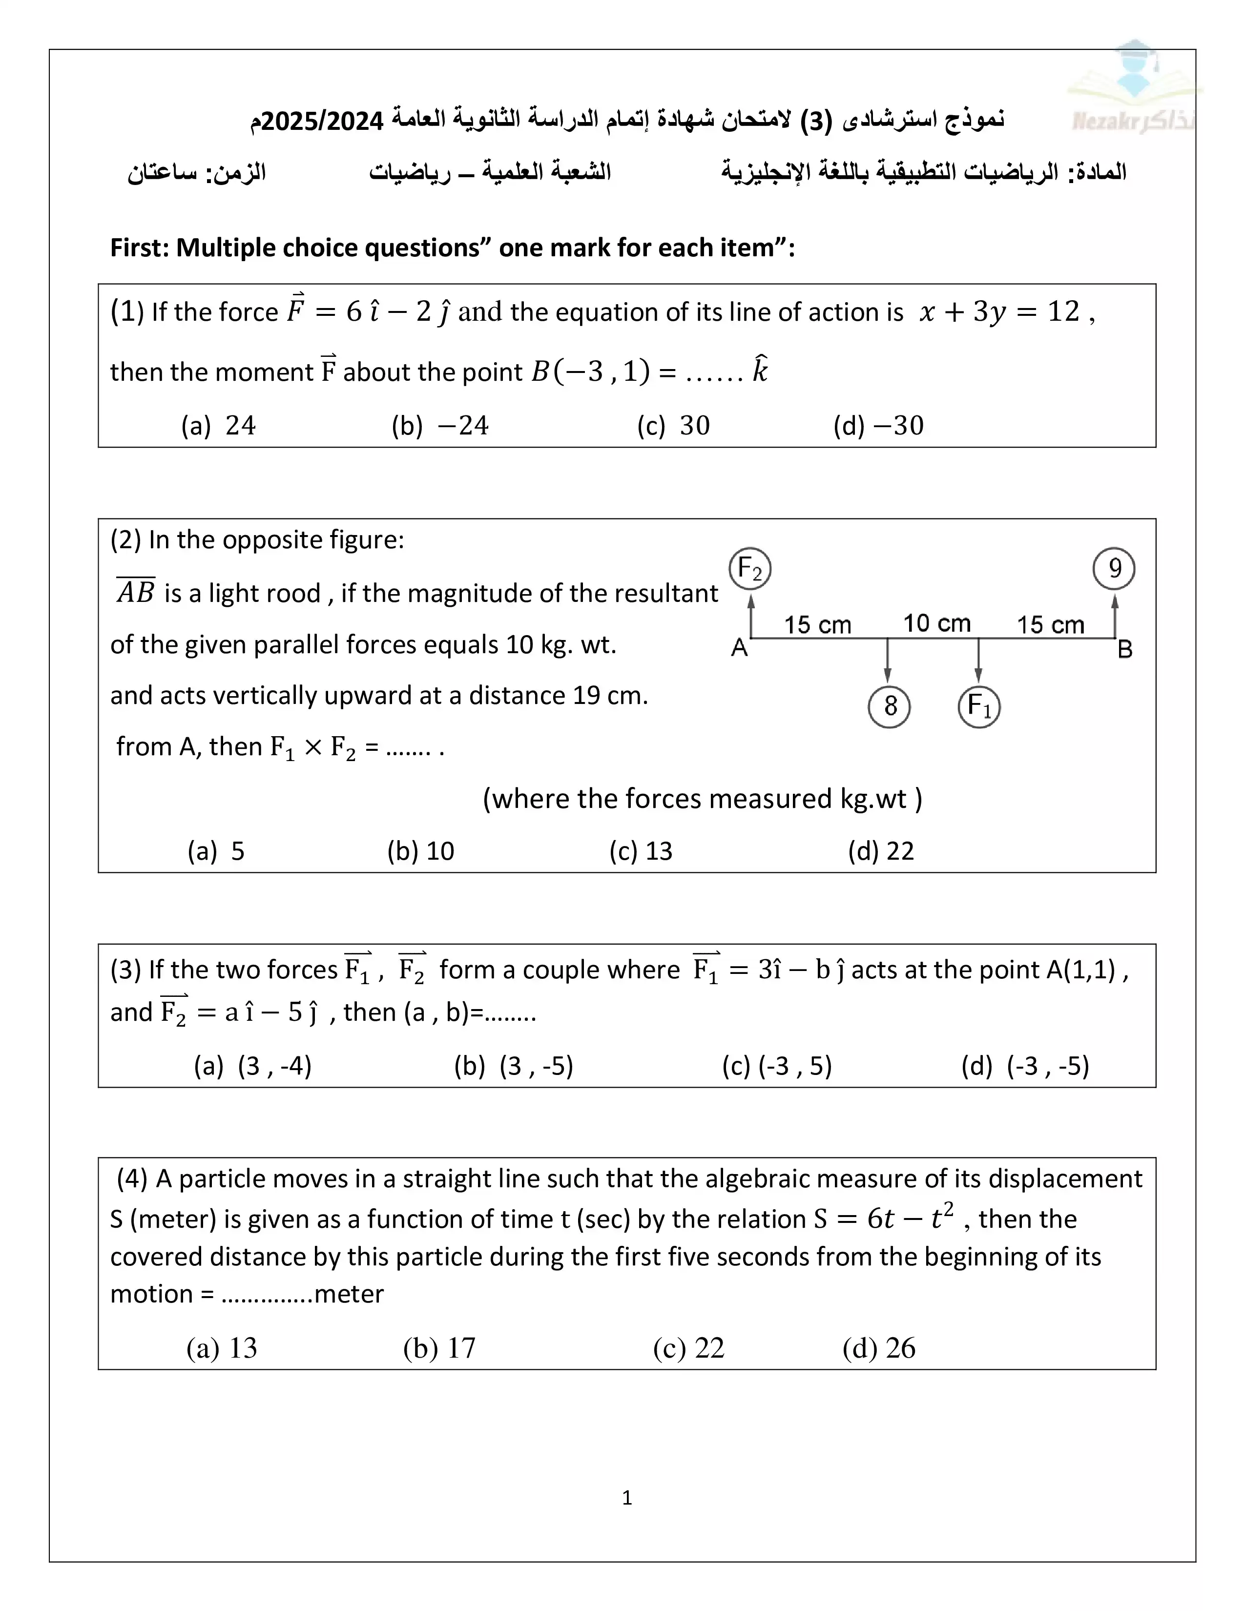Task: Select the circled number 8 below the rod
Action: (890, 707)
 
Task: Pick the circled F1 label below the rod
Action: (979, 707)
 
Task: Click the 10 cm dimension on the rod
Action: (937, 623)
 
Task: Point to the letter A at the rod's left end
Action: (739, 648)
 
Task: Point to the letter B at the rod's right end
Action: (1125, 650)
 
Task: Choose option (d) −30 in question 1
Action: (878, 426)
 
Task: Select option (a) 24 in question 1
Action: (218, 426)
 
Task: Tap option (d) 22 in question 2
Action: (881, 851)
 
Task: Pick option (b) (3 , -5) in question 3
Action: (513, 1066)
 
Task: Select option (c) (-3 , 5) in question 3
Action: (777, 1066)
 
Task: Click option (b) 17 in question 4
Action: (439, 1348)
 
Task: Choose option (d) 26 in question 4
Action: (878, 1348)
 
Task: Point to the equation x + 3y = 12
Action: (999, 312)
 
